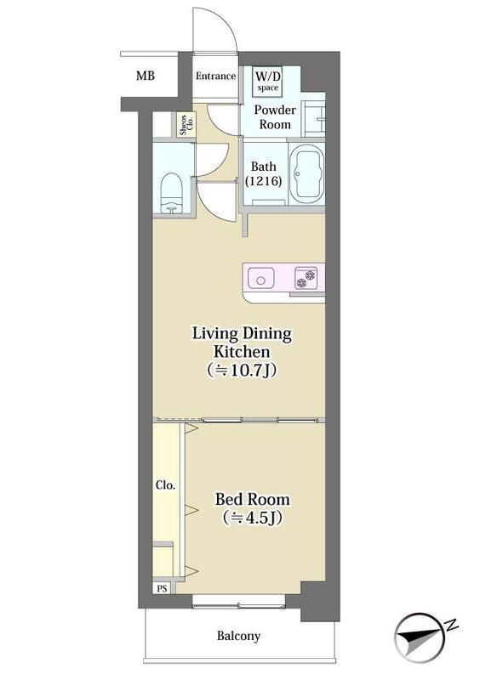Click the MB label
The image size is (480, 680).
(145, 76)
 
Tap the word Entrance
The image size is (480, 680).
(215, 76)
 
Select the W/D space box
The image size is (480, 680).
(267, 81)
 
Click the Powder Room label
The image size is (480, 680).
(275, 117)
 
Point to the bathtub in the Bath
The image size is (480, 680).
(306, 174)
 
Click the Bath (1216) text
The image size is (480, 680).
(264, 173)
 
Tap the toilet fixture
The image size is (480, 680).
(172, 193)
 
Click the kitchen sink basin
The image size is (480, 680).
(261, 279)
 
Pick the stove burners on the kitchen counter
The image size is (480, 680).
(306, 278)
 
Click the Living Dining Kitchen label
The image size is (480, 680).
(242, 343)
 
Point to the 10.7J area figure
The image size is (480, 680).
(242, 370)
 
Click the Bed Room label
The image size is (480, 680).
(253, 499)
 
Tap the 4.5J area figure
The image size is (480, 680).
(253, 518)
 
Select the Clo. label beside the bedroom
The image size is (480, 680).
(165, 484)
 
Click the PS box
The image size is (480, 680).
(162, 588)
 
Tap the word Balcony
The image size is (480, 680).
(238, 636)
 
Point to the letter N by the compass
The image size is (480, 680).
(452, 625)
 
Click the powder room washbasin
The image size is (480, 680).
(313, 118)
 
